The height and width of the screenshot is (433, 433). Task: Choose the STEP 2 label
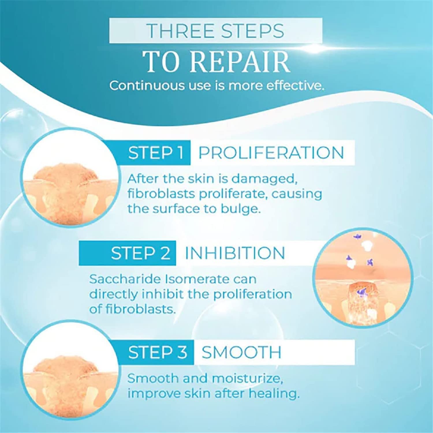tap(141, 253)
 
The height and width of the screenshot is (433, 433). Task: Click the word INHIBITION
tap(235, 253)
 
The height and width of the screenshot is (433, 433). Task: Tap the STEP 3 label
tap(158, 352)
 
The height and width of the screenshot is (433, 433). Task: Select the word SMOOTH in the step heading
tap(241, 352)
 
